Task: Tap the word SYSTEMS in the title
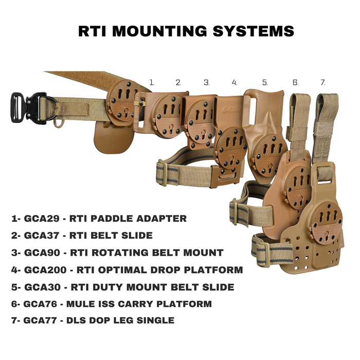pyautogui.click(x=255, y=30)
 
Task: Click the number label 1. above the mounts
pyautogui.click(x=152, y=82)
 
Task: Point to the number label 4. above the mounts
pyautogui.click(x=235, y=82)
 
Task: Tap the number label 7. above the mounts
pyautogui.click(x=323, y=82)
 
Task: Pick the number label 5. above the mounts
pyautogui.click(x=265, y=82)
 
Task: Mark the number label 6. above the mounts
pyautogui.click(x=295, y=82)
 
